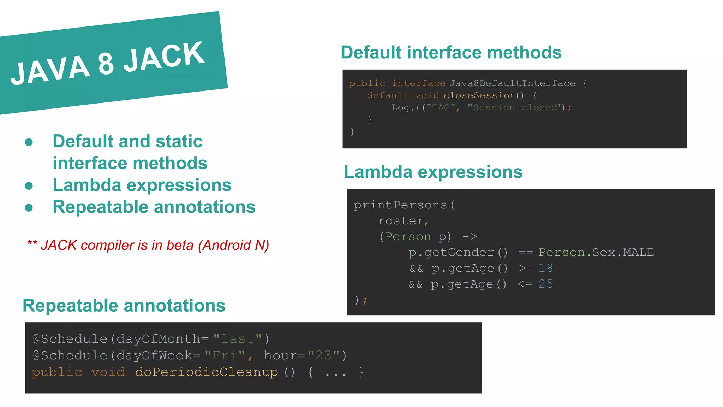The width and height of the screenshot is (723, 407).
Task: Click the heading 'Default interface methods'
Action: (x=451, y=53)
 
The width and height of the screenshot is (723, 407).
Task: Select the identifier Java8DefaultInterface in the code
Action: (x=512, y=83)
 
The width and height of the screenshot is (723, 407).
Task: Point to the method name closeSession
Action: (x=479, y=95)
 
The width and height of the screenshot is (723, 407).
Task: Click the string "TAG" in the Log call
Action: (x=441, y=107)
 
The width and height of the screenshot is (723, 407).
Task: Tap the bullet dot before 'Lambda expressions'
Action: (x=29, y=186)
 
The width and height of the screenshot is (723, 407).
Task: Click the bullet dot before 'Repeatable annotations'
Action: (x=29, y=208)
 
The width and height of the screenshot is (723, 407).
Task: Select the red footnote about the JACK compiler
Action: (x=148, y=245)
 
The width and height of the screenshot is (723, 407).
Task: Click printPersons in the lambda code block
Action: (x=400, y=205)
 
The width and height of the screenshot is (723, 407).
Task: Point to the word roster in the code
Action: (x=400, y=221)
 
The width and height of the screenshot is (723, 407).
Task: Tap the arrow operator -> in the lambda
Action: (x=470, y=236)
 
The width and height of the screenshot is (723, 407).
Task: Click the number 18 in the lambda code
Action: (x=546, y=268)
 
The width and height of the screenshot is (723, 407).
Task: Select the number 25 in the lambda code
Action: (x=546, y=284)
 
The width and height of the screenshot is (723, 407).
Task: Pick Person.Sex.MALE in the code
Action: (x=596, y=252)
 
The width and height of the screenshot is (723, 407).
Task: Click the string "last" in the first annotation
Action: (x=238, y=339)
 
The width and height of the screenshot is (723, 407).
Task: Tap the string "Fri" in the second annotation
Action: (x=225, y=355)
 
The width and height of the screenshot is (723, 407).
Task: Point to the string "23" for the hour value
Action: (x=323, y=355)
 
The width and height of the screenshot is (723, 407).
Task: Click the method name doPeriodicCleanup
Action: (x=207, y=372)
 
